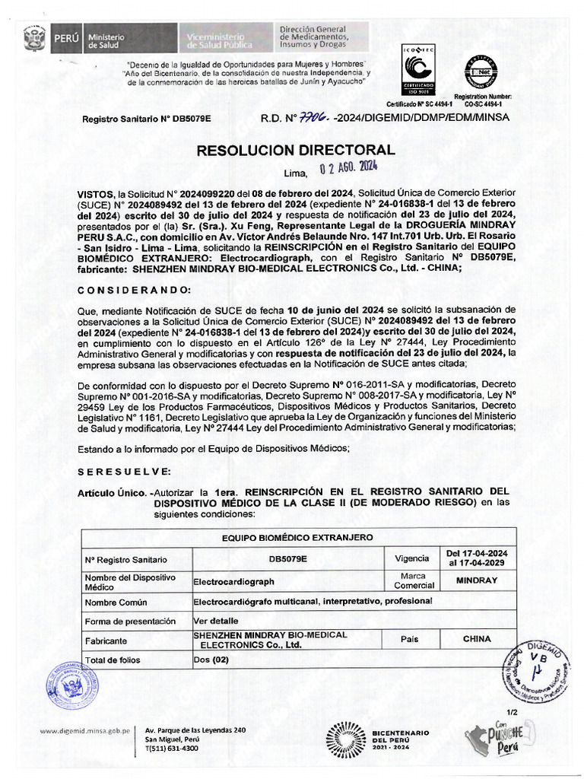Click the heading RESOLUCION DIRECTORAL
(296, 150)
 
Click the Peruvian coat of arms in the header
(34, 38)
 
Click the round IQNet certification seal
(483, 74)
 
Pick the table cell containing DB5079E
(287, 558)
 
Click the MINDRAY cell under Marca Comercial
(476, 580)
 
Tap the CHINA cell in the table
(476, 639)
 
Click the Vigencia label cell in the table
(411, 558)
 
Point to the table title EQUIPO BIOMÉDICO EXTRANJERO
(297, 537)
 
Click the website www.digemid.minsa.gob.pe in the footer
(86, 730)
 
